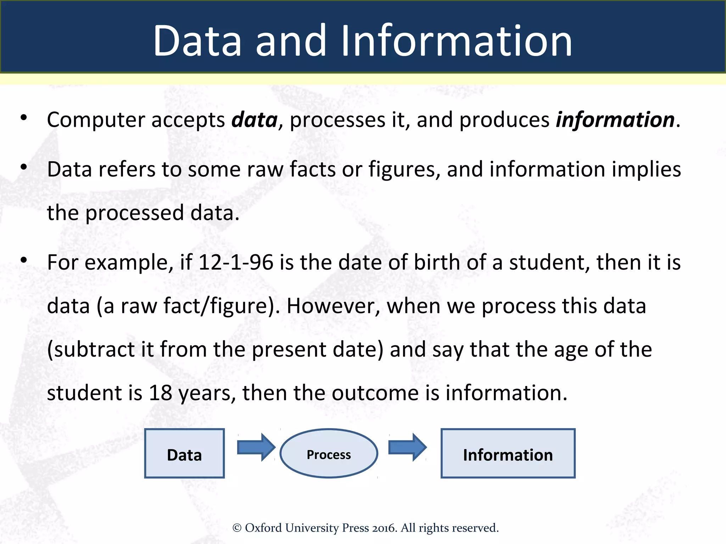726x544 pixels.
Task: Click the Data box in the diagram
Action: (x=184, y=454)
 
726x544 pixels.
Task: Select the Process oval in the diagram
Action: (x=329, y=454)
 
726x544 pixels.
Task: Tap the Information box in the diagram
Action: (x=508, y=454)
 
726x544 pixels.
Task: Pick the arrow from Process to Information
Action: (x=407, y=447)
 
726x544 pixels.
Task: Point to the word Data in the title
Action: (x=197, y=41)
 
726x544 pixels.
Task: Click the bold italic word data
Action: (x=254, y=120)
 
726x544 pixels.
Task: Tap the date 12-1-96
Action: (x=236, y=263)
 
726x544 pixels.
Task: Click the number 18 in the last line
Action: (x=160, y=393)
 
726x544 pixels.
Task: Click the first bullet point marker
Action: (x=24, y=118)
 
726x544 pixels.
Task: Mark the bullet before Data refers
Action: (x=24, y=167)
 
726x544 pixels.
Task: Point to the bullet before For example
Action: (x=24, y=260)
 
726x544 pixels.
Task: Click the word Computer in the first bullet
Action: (x=96, y=120)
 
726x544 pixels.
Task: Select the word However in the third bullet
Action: (x=333, y=306)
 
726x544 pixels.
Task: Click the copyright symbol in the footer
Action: (x=237, y=528)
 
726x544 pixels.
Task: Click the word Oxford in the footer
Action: (x=263, y=528)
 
